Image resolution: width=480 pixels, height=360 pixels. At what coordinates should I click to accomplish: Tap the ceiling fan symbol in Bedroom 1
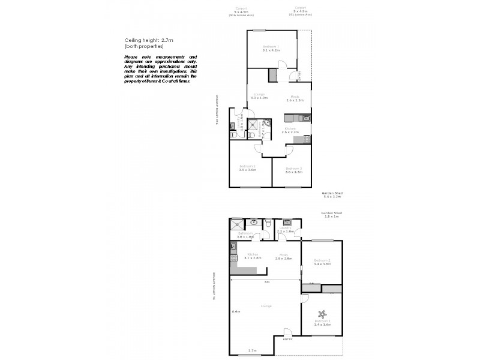point(322,313)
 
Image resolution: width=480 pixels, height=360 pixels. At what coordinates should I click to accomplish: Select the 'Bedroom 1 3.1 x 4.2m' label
point(271,49)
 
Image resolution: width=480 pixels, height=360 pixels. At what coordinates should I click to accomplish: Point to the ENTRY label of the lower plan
point(288,340)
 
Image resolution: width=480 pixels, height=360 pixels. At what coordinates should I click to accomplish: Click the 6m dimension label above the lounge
point(267,282)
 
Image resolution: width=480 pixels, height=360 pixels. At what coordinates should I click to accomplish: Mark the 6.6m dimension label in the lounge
point(236,311)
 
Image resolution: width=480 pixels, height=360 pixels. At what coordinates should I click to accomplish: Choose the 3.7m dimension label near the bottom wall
point(253,350)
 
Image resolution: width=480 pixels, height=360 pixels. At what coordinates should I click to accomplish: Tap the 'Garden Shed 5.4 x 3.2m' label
point(332,194)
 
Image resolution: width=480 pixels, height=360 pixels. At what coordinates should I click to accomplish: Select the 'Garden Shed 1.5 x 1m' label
point(331,214)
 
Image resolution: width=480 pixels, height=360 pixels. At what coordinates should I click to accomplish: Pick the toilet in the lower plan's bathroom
point(268,223)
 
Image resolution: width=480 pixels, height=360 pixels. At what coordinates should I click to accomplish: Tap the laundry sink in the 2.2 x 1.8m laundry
point(287,221)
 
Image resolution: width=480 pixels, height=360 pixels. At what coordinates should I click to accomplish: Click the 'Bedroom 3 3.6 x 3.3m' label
point(293,170)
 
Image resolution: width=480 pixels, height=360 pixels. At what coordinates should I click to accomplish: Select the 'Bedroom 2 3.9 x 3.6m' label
point(247,168)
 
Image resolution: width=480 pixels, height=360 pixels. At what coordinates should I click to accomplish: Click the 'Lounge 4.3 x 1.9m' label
point(259,96)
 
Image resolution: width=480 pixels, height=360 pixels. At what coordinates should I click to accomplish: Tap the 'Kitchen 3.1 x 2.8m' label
point(253,256)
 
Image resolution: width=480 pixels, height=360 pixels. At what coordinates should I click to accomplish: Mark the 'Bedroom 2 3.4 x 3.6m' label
point(322,262)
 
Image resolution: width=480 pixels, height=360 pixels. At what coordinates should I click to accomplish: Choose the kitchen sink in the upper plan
point(305,118)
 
